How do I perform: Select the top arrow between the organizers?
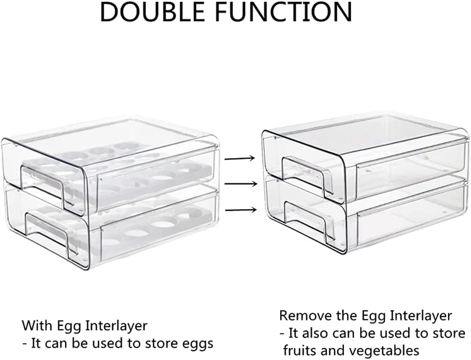point(240,159)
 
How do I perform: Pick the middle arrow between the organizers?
point(240,184)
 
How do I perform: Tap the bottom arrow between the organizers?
point(240,209)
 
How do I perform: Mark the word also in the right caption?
point(315,333)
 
